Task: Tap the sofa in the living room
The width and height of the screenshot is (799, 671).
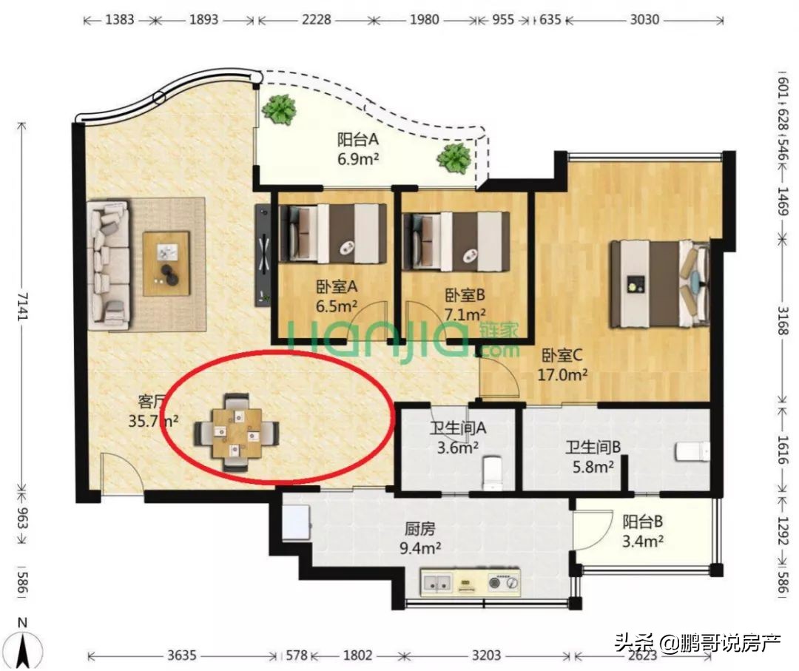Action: [108, 265]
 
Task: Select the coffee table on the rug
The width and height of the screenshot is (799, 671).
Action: [166, 263]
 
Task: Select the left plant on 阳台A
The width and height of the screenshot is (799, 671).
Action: [280, 109]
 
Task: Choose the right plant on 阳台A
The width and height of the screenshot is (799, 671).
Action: [454, 158]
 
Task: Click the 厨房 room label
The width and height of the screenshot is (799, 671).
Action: [419, 529]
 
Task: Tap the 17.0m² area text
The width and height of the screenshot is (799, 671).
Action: [562, 374]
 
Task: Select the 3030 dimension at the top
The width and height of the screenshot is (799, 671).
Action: [644, 20]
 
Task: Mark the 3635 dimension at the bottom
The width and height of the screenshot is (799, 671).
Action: [182, 655]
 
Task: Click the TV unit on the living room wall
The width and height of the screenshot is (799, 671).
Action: [263, 254]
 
